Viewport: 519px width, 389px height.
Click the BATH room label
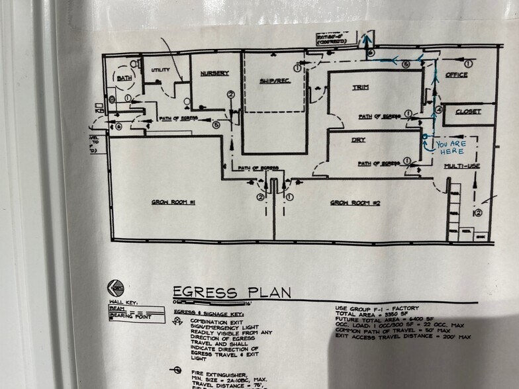pyautogui.click(x=124, y=78)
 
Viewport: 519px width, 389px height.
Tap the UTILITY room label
pyautogui.click(x=161, y=70)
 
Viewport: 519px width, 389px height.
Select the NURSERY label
pyautogui.click(x=214, y=73)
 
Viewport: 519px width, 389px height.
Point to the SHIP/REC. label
pyautogui.click(x=271, y=81)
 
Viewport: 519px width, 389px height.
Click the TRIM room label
pyautogui.click(x=360, y=87)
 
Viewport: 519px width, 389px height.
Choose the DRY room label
pyautogui.click(x=358, y=140)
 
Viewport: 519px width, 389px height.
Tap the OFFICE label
pyautogui.click(x=456, y=75)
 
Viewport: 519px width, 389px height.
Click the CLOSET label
pyautogui.click(x=468, y=112)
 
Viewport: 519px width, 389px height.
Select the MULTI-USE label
pyautogui.click(x=461, y=166)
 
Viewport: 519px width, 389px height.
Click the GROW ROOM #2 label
pyautogui.click(x=354, y=202)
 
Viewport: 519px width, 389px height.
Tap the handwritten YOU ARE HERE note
pyautogui.click(x=450, y=148)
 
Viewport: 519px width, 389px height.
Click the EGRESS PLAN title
pyautogui.click(x=231, y=292)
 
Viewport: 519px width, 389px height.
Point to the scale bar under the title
pyautogui.click(x=199, y=302)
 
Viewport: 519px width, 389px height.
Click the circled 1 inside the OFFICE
pyautogui.click(x=468, y=64)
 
